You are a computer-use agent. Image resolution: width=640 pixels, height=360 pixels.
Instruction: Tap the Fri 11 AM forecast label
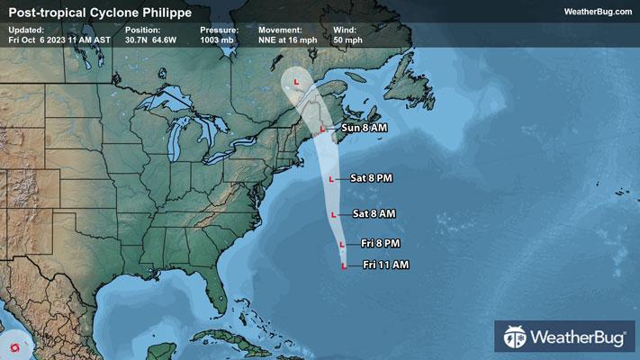386,265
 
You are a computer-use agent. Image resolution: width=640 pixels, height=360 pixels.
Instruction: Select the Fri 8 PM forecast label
380,243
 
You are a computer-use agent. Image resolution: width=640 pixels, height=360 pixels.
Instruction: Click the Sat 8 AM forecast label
375,213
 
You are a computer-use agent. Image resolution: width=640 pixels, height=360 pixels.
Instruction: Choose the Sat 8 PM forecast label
372,178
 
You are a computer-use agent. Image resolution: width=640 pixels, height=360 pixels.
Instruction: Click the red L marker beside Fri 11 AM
344,265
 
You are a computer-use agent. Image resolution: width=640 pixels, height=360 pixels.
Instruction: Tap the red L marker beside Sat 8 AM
334,214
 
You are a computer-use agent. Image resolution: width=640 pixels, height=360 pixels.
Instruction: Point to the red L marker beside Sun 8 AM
322,129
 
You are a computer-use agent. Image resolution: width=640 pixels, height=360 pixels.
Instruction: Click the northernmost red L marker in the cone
296,82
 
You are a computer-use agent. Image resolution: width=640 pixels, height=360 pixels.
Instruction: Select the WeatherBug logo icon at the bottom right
516,338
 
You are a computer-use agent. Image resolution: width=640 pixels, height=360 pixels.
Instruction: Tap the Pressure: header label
220,30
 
